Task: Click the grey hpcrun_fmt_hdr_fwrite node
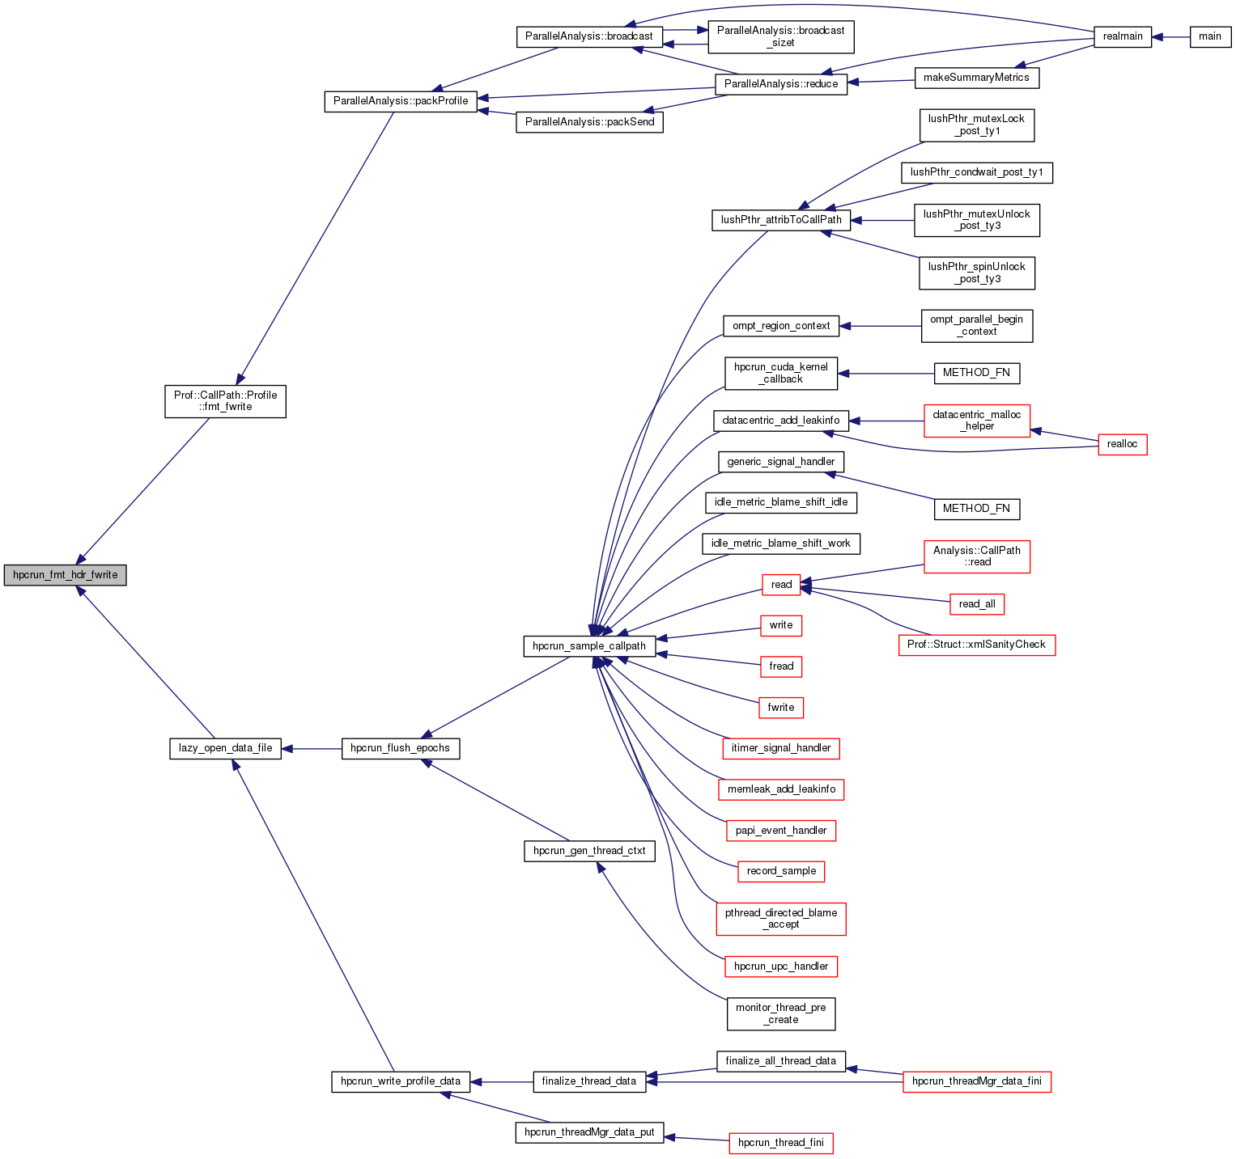point(65,575)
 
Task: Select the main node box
point(1210,36)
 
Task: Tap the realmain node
point(1122,36)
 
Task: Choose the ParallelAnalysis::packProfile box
point(401,101)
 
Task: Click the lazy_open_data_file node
point(225,748)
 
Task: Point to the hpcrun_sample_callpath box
point(589,646)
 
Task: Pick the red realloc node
point(1122,444)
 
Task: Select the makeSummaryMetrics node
point(976,78)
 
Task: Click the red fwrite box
point(780,708)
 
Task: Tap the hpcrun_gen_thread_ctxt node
point(589,851)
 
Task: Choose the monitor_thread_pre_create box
point(780,1013)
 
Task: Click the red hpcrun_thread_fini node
point(780,1143)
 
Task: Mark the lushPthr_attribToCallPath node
point(780,220)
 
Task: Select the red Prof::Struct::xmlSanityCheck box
point(976,645)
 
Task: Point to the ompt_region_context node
point(780,326)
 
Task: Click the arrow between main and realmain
point(1170,36)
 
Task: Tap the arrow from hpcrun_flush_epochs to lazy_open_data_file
point(312,749)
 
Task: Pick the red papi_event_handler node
point(780,831)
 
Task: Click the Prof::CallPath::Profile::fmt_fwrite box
point(225,401)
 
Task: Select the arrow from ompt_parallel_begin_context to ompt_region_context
point(881,326)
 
